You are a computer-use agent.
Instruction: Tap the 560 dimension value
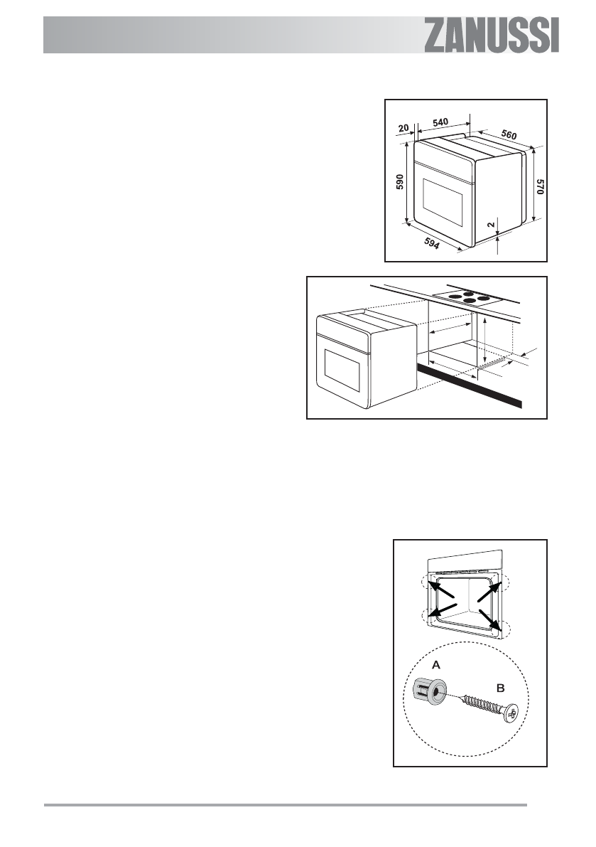click(507, 134)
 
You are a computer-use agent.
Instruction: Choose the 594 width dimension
click(430, 245)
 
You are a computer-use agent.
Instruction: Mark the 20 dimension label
click(403, 128)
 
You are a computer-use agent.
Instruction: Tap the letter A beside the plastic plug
click(435, 664)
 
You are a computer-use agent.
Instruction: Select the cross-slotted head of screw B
click(510, 713)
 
